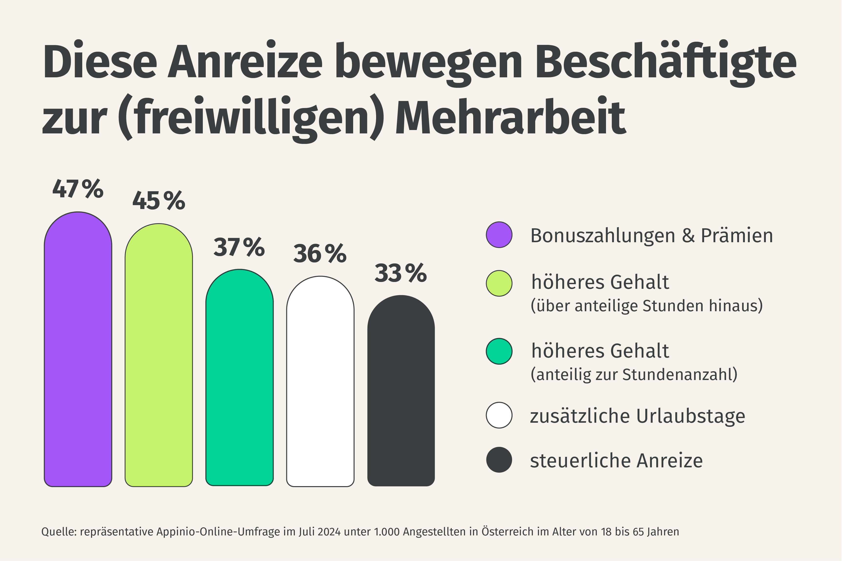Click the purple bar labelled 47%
pyautogui.click(x=78, y=349)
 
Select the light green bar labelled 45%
pyautogui.click(x=159, y=355)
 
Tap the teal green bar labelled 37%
pyautogui.click(x=239, y=378)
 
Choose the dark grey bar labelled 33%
pyautogui.click(x=401, y=391)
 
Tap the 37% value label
pyautogui.click(x=239, y=247)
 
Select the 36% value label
pyautogui.click(x=320, y=254)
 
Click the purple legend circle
pyautogui.click(x=499, y=235)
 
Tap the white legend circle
pyautogui.click(x=499, y=415)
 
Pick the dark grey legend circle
pyautogui.click(x=499, y=460)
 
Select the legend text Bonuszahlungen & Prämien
pyautogui.click(x=652, y=236)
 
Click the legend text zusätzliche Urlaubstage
pyautogui.click(x=637, y=416)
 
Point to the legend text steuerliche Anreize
pyautogui.click(x=616, y=461)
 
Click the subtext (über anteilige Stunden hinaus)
pyautogui.click(x=647, y=306)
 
